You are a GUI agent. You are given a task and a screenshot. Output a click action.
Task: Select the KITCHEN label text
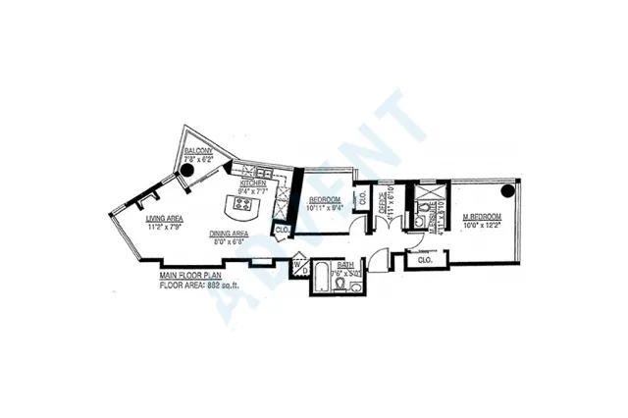(x=255, y=183)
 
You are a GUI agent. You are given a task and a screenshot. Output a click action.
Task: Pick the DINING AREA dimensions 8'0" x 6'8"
(x=229, y=242)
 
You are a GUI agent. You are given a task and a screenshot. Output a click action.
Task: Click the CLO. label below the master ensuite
(x=425, y=260)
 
